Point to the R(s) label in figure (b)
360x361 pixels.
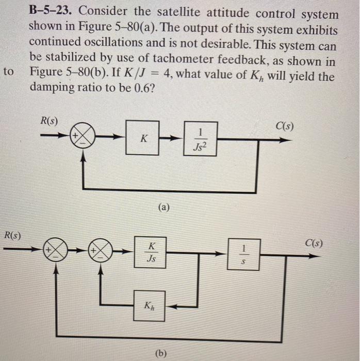[x=13, y=237]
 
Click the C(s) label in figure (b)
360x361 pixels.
[x=315, y=243]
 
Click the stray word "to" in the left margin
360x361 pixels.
[x=8, y=72]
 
